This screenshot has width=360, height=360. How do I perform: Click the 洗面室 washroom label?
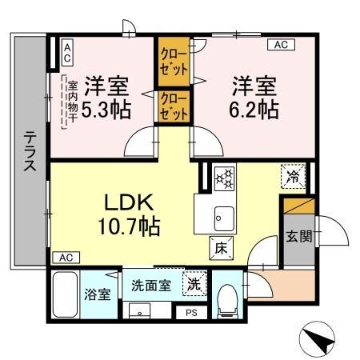click(151, 284)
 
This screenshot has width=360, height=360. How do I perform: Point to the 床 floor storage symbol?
click(219, 248)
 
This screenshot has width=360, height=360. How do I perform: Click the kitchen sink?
click(222, 216)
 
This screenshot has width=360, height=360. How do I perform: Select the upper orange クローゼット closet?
click(173, 62)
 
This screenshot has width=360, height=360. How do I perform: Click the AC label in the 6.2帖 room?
click(282, 46)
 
